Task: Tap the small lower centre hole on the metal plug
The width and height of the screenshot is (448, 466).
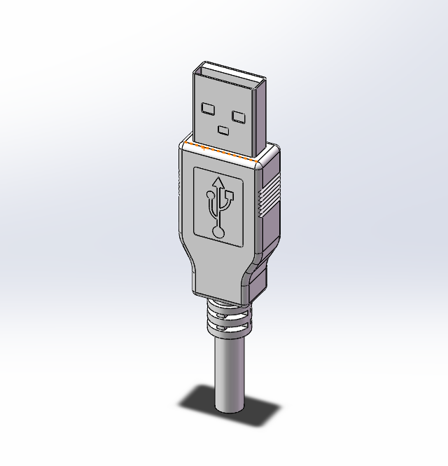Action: coord(224,130)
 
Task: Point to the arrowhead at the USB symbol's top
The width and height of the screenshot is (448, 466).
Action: coord(218,183)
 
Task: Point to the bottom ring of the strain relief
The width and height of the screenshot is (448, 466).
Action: coord(227,335)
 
